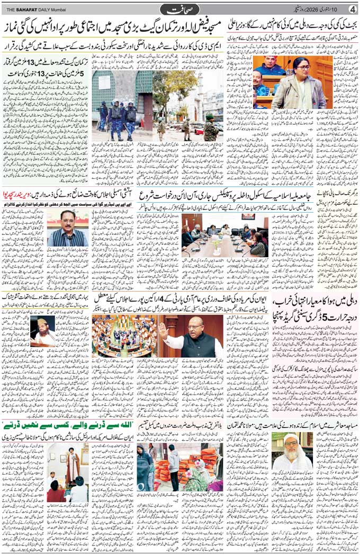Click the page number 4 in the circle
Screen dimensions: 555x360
point(352,9)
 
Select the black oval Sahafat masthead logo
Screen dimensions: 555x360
point(179,9)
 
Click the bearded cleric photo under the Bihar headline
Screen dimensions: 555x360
point(44,331)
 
